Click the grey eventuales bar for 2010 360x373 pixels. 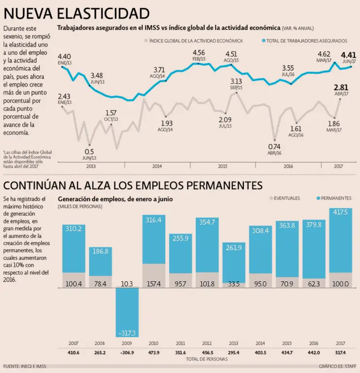(x=154, y=276)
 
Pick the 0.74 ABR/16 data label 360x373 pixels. (x=274, y=149)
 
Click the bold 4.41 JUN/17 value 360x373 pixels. (x=348, y=57)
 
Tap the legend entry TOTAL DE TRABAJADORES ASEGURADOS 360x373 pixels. (x=304, y=41)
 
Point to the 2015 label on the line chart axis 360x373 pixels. (x=222, y=166)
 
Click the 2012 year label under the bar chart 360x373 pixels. (x=207, y=343)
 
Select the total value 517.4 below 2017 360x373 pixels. (x=341, y=352)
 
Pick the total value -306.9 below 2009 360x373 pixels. (x=127, y=352)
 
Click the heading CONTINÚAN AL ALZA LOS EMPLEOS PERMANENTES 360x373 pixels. (x=133, y=185)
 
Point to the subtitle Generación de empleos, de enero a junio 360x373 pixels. (x=115, y=199)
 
